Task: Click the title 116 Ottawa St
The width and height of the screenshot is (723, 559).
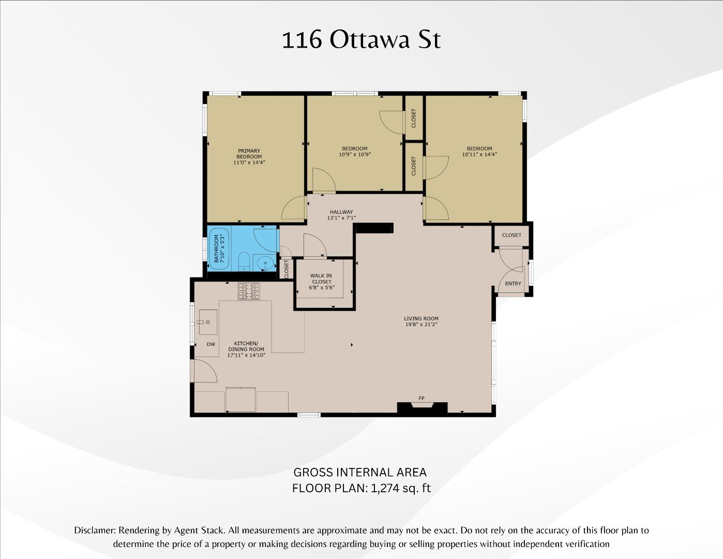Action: point(361,40)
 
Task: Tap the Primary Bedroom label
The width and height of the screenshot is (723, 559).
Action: point(249,154)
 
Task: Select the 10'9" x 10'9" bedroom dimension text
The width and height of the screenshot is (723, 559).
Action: point(355,154)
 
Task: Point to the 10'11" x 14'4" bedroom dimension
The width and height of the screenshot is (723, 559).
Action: point(479,154)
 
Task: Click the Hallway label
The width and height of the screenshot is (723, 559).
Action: point(341,212)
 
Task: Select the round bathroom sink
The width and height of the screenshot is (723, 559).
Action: point(267,263)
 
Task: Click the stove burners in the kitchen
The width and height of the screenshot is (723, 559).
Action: point(249,291)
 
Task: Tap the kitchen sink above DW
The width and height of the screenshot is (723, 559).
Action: point(208,322)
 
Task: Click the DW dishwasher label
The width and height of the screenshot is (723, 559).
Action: point(211,344)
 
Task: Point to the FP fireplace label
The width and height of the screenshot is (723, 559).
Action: point(421,398)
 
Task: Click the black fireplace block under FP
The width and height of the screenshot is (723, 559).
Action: point(421,408)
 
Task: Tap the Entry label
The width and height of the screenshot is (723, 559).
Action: point(513,284)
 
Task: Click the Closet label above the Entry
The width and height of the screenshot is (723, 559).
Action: point(511,235)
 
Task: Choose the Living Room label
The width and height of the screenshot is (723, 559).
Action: point(421,319)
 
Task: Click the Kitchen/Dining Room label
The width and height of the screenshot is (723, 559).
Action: point(246,346)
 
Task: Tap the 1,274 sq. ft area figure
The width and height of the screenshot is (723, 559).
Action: point(401,488)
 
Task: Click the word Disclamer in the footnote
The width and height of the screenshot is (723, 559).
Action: point(95,531)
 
